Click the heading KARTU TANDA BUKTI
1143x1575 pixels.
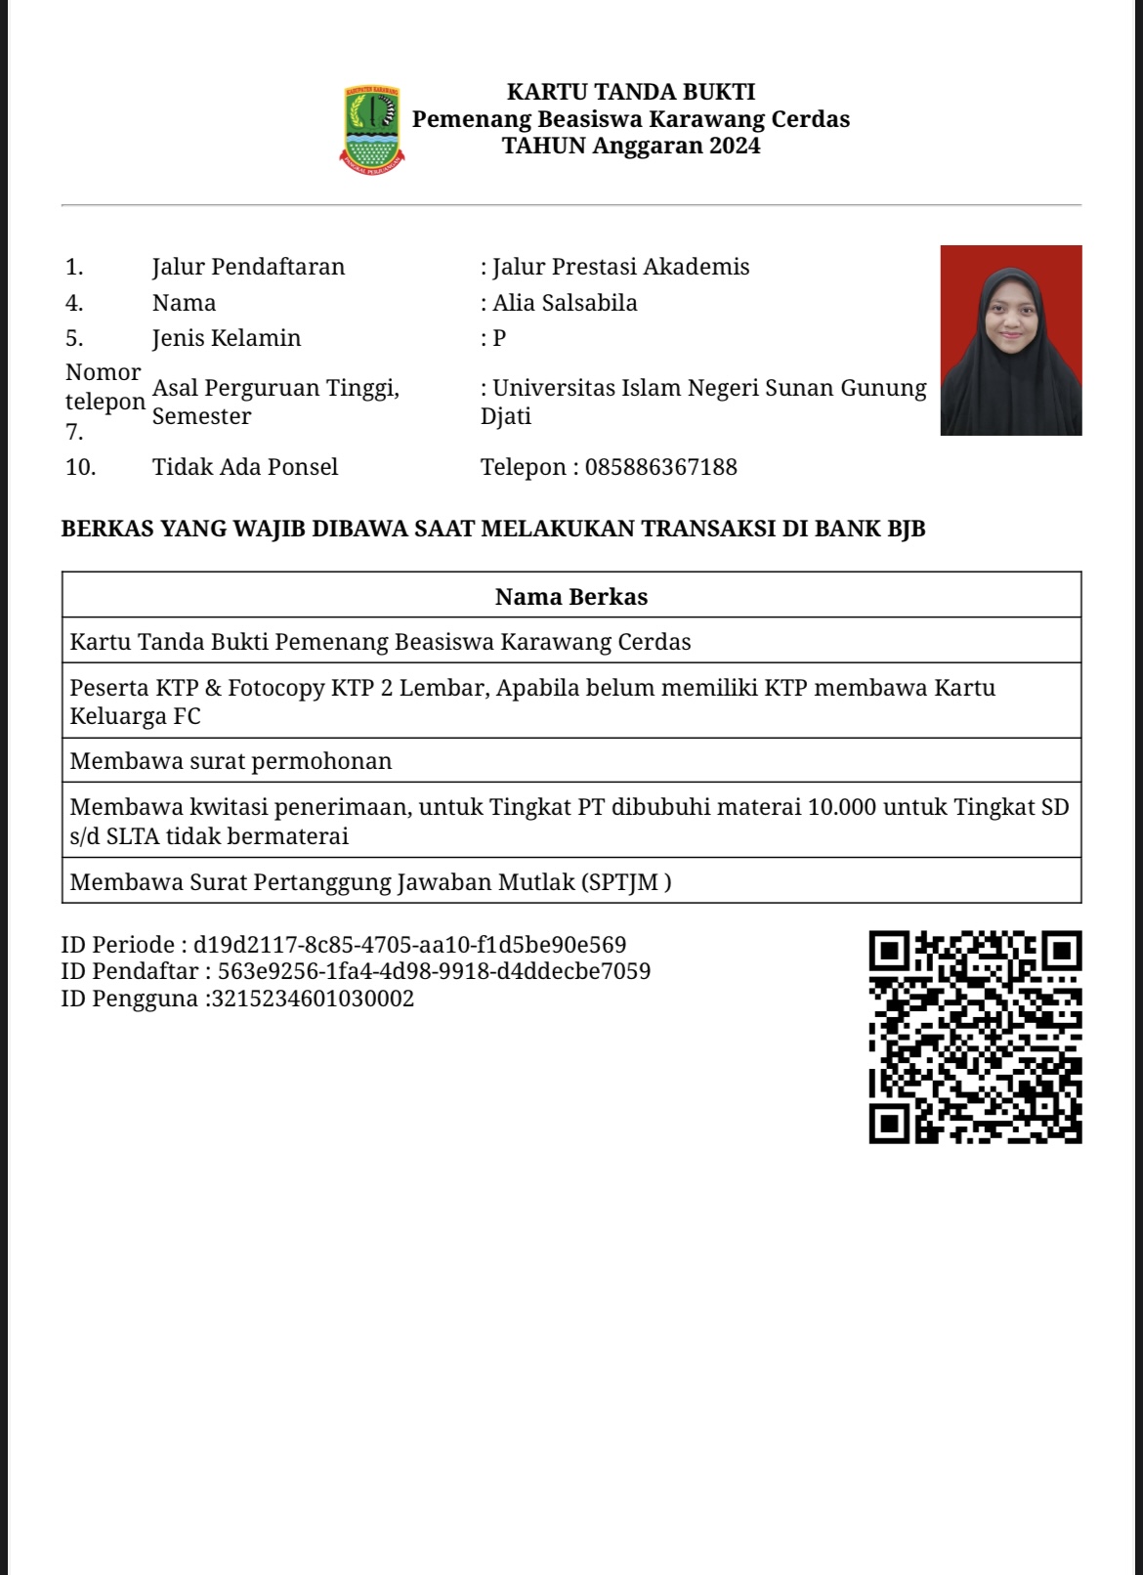(x=631, y=92)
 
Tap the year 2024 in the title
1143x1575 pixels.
(x=735, y=146)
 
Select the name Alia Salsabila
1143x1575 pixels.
(x=565, y=303)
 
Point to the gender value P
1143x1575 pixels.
(x=499, y=338)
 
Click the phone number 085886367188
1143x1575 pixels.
(x=660, y=467)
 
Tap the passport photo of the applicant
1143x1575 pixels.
(x=1010, y=340)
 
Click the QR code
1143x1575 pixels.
(x=975, y=1037)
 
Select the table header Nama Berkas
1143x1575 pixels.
(x=571, y=596)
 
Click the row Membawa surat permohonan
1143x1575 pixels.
(x=232, y=761)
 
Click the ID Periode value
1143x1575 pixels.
(x=409, y=945)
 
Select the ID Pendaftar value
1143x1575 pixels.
(x=434, y=971)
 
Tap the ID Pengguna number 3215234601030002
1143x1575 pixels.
(x=314, y=999)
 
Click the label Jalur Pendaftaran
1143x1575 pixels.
(x=248, y=267)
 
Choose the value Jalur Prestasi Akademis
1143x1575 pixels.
(x=620, y=267)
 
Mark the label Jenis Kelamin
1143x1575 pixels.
(x=227, y=338)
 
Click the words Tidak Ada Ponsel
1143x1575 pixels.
(x=245, y=467)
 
